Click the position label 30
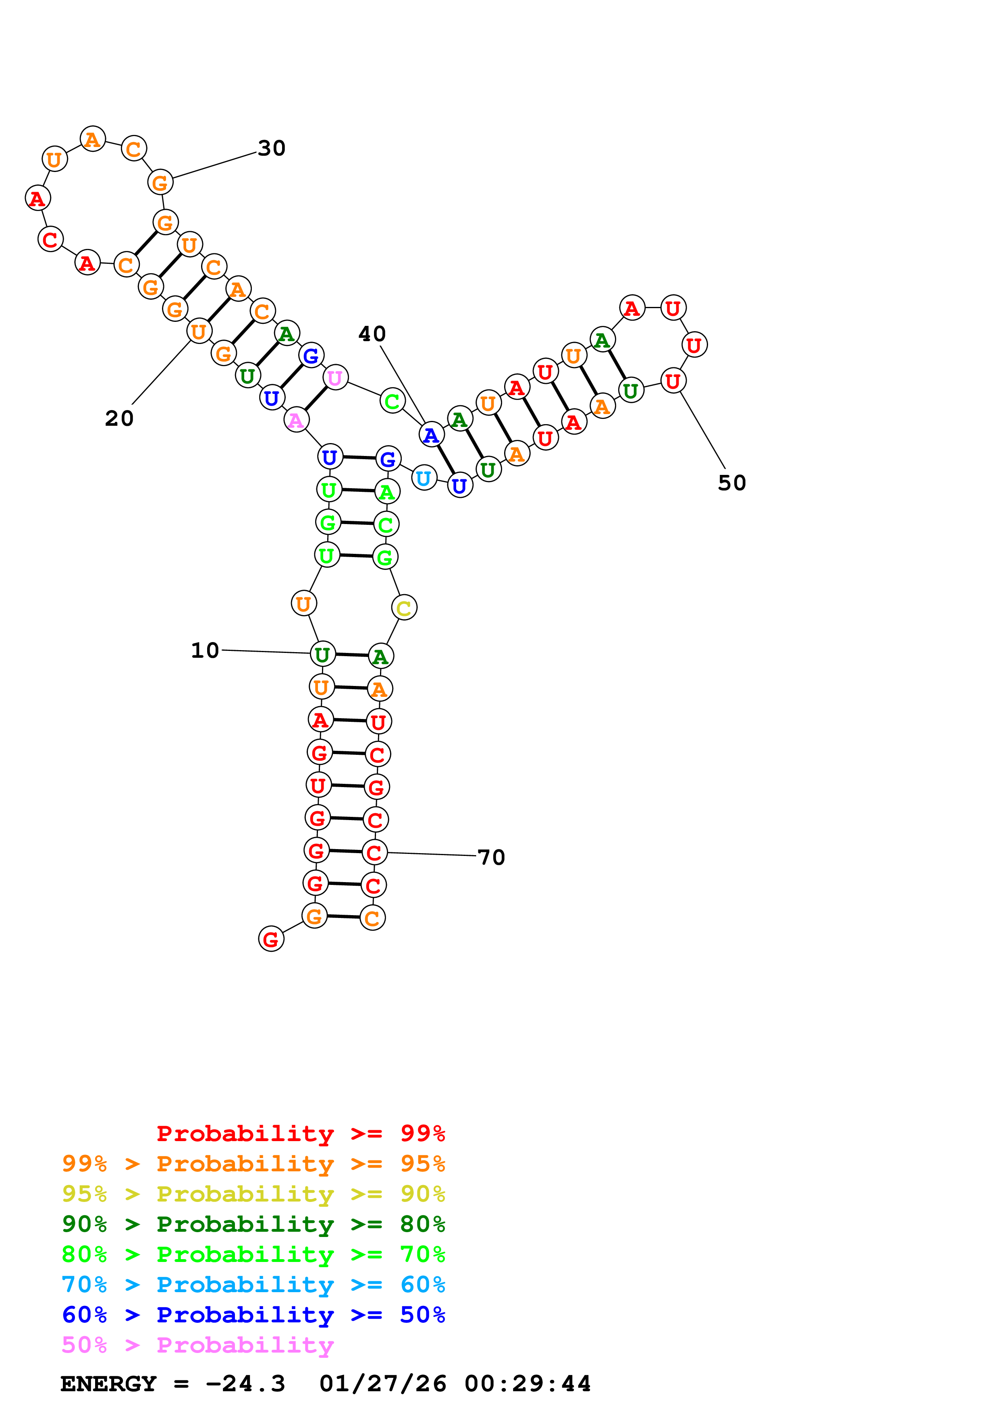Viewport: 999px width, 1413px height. [272, 148]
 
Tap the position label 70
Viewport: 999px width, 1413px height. [491, 857]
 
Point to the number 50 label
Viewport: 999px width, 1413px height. [732, 483]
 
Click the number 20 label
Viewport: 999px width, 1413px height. [119, 419]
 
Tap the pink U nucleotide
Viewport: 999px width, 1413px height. [335, 377]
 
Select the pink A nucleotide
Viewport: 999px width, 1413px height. [296, 421]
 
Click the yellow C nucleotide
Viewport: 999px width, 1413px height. [404, 608]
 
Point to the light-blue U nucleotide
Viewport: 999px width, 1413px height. [424, 478]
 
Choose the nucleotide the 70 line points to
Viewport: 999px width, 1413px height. [374, 852]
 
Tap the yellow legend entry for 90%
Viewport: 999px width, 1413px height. [253, 1193]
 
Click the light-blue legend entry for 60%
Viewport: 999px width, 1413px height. [253, 1285]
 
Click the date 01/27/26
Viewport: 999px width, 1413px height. [382, 1384]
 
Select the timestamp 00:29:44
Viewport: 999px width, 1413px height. [528, 1384]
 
